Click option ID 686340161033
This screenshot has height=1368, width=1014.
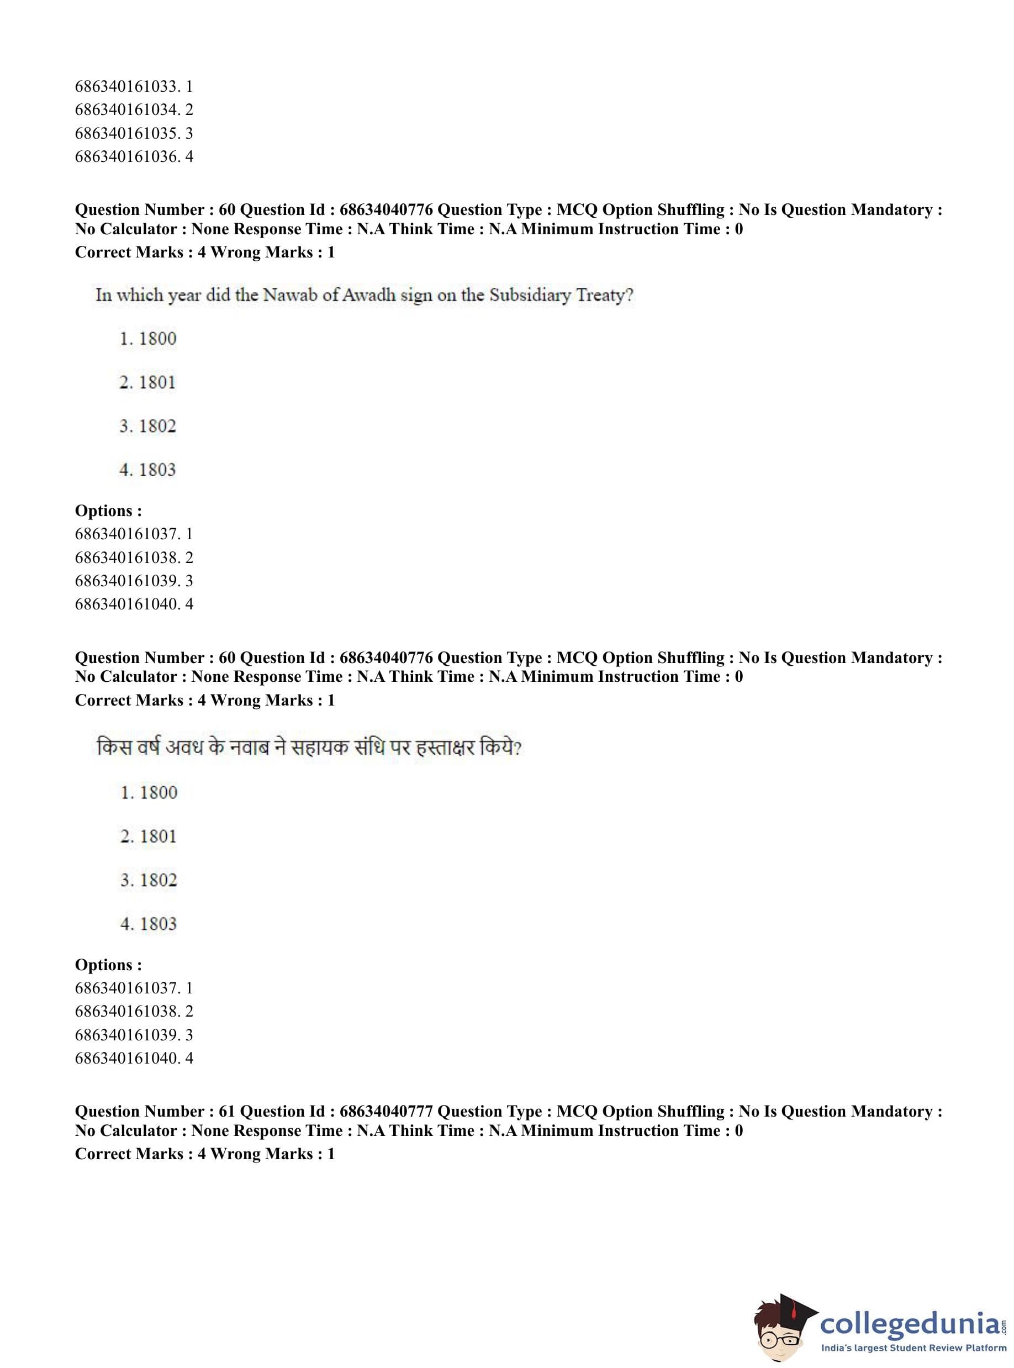point(133,86)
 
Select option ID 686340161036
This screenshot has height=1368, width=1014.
point(133,156)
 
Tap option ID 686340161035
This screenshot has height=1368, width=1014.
point(133,133)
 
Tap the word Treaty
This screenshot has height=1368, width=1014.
point(604,296)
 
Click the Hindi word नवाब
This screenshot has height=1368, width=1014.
point(249,748)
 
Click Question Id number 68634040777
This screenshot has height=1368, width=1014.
point(386,1111)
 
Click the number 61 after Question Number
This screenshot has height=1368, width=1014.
point(226,1111)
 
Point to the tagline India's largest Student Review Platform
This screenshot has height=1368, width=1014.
point(913,1348)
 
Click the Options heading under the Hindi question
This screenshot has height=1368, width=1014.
point(108,965)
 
